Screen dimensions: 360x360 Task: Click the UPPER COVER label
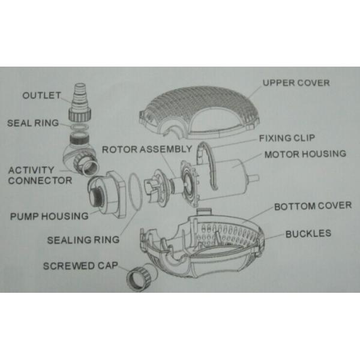tap(296, 83)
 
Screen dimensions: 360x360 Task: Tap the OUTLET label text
tap(41, 95)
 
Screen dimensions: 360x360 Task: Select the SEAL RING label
tap(33, 123)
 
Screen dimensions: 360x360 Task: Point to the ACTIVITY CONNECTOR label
tap(40, 175)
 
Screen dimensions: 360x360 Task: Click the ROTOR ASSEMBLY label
tap(147, 149)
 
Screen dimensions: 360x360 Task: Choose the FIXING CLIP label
tap(287, 138)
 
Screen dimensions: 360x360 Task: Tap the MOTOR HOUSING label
tap(305, 154)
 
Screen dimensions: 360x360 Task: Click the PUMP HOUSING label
tap(49, 216)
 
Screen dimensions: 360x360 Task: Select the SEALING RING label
tap(83, 240)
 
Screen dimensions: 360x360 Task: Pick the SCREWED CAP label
tap(80, 266)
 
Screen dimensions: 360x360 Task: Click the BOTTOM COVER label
tap(313, 206)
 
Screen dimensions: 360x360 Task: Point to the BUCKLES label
tap(308, 234)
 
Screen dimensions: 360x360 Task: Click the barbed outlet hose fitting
tap(80, 103)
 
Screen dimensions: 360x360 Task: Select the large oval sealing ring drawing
tap(136, 192)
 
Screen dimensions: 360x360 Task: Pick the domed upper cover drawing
tap(199, 113)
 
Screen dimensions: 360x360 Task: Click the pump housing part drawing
tap(107, 194)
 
